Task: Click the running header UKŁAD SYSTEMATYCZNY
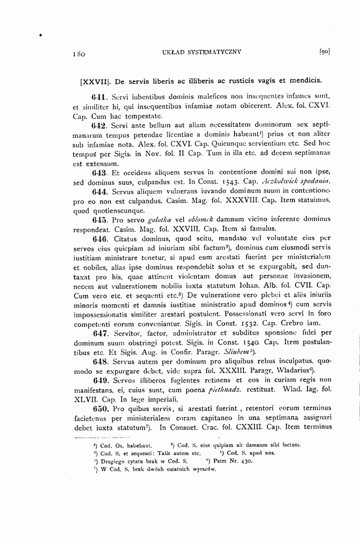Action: [x=198, y=51]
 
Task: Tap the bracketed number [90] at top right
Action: [x=324, y=51]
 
